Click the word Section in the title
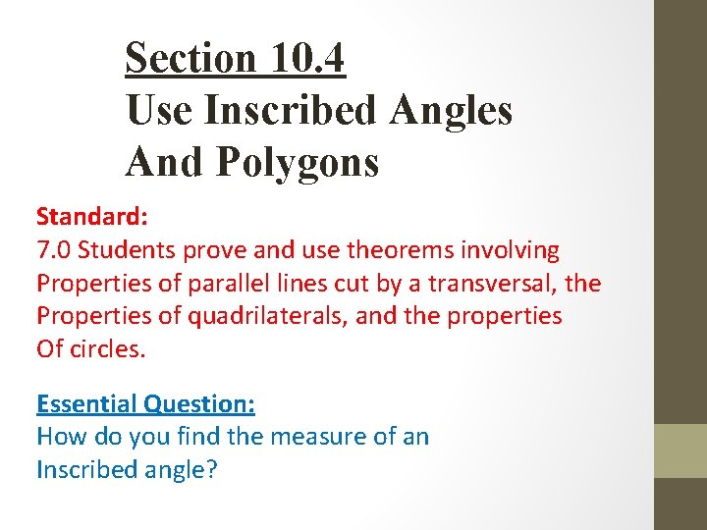coord(190,58)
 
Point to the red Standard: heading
coord(85,217)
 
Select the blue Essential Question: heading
coord(145,403)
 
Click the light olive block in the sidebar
coord(680,450)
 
